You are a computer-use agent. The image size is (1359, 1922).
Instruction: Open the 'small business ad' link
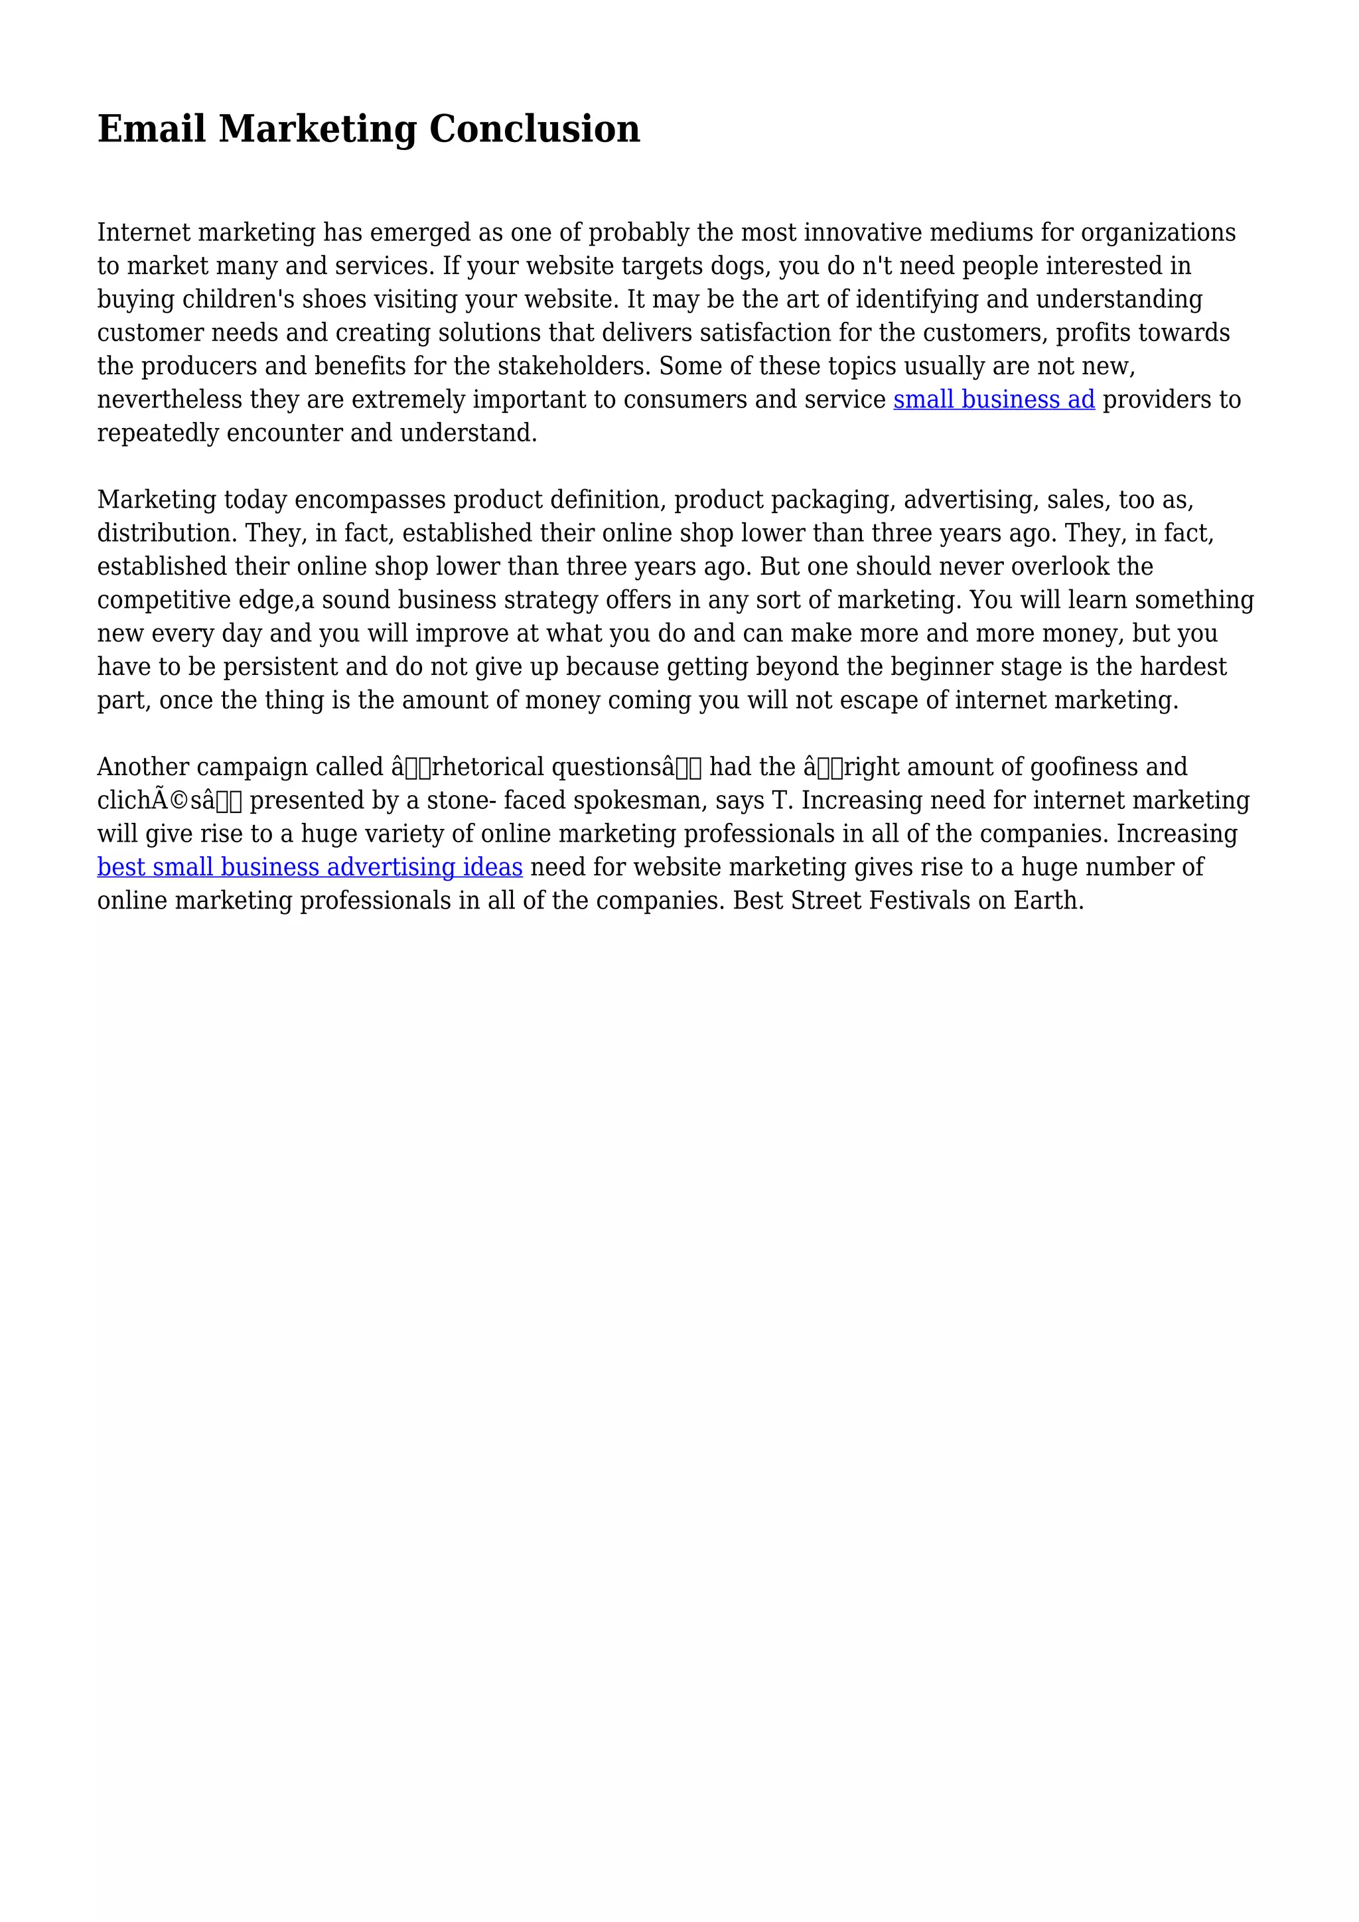(993, 400)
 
